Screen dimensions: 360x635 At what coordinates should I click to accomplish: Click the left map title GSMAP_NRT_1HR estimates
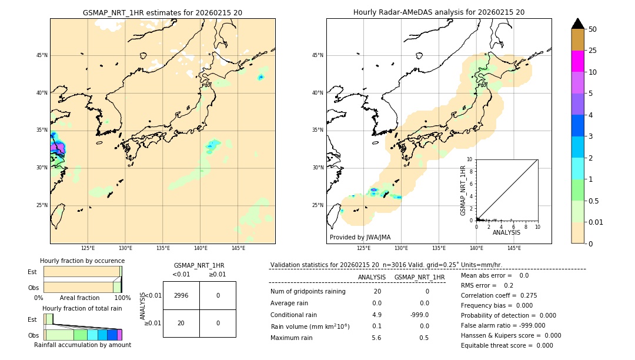[162, 12]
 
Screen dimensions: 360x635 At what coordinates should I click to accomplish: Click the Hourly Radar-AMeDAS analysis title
[439, 12]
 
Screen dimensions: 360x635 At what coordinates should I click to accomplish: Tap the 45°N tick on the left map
[42, 55]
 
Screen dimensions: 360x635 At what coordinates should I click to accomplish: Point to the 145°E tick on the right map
[514, 248]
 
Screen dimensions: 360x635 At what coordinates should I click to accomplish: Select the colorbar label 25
[593, 51]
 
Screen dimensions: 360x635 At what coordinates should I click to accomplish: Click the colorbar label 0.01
[596, 222]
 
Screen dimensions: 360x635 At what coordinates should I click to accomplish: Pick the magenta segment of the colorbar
[578, 61]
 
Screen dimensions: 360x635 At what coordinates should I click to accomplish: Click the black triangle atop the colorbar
[578, 24]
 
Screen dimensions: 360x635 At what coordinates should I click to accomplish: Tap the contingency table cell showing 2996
[181, 295]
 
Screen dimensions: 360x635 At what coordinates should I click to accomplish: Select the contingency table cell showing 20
[181, 323]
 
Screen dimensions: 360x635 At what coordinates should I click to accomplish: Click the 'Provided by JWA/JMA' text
[360, 238]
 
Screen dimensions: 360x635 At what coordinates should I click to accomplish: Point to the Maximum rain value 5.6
[376, 338]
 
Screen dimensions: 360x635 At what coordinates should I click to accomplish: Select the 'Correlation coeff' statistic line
[499, 296]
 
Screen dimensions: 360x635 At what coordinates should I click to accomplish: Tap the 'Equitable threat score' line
[507, 346]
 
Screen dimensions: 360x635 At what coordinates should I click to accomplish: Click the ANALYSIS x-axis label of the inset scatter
[506, 232]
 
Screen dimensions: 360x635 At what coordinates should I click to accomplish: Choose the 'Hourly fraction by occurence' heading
[82, 261]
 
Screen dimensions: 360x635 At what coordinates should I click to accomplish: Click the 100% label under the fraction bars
[122, 298]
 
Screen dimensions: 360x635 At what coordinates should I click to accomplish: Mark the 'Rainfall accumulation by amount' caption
[82, 345]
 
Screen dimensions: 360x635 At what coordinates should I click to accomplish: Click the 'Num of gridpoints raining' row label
[308, 292]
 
